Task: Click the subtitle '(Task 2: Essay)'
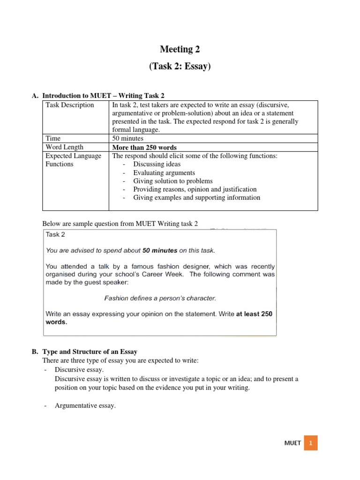(180, 67)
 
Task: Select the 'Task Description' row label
(70, 105)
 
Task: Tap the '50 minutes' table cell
(127, 138)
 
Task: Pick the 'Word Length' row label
(65, 147)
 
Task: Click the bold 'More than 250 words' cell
(145, 147)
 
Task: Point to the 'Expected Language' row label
(74, 156)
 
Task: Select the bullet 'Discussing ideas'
(157, 164)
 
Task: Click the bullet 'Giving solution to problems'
(172, 181)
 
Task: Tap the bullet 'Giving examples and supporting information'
(196, 198)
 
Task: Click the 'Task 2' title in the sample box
(55, 235)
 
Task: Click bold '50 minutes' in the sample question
(159, 250)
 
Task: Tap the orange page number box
(311, 443)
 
